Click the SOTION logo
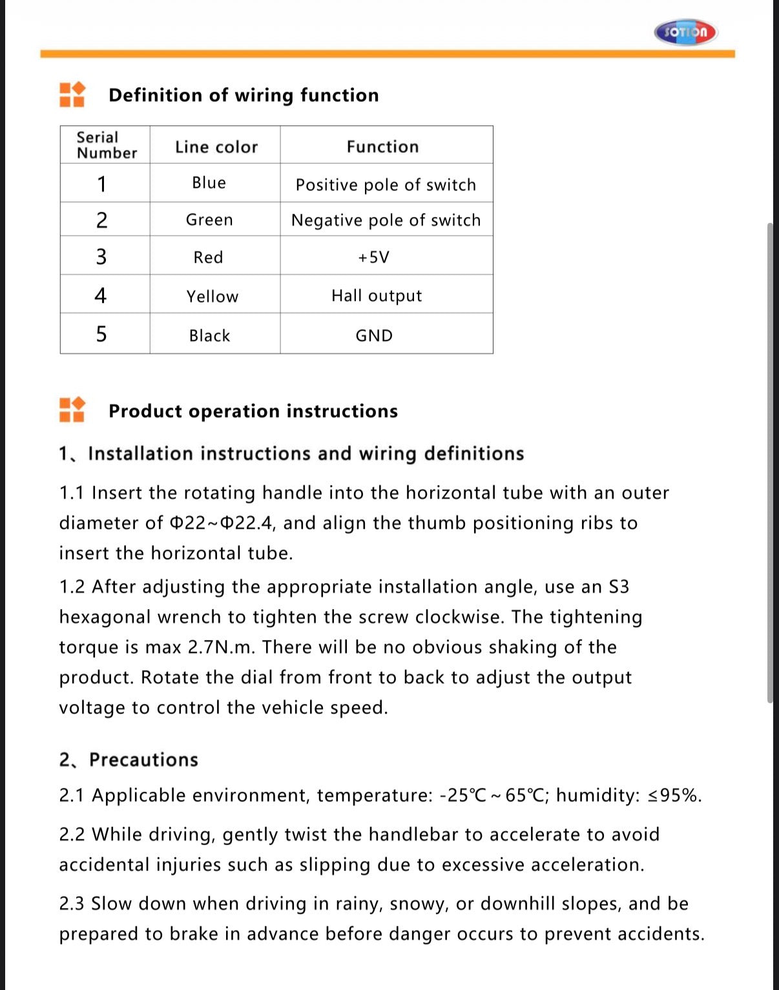[685, 32]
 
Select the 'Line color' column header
[216, 147]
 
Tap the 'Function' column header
[382, 147]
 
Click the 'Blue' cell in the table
[209, 183]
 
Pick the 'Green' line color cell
[209, 220]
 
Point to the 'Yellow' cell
[213, 296]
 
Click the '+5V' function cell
[374, 258]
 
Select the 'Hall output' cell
[377, 296]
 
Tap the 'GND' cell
[374, 336]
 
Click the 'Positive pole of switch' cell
[386, 185]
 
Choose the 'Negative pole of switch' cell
[386, 221]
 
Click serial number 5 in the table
[101, 334]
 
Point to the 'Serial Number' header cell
[107, 145]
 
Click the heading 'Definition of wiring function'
[244, 96]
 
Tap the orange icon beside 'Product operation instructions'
[72, 409]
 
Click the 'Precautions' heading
[143, 759]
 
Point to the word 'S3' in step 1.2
[619, 587]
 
